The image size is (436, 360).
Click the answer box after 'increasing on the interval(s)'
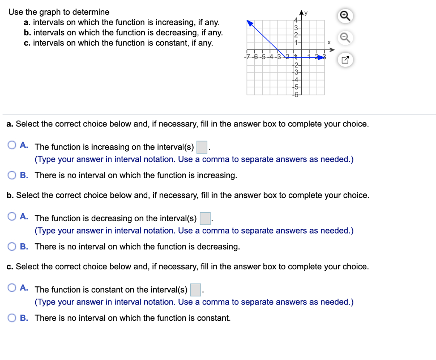pyautogui.click(x=202, y=147)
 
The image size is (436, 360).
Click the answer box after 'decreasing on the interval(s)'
pyautogui.click(x=205, y=218)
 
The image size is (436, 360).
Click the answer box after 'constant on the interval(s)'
pyautogui.click(x=195, y=290)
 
